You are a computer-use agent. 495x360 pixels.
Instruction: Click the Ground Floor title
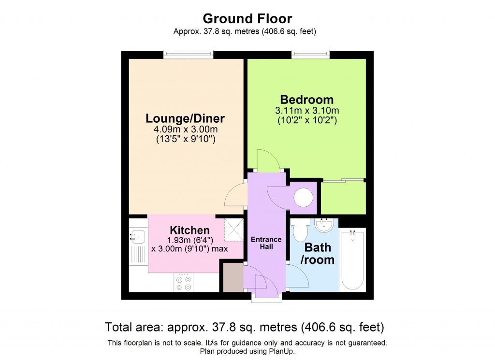click(x=247, y=19)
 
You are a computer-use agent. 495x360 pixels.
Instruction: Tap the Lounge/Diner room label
click(x=186, y=118)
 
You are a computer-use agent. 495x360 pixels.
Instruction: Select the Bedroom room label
click(x=306, y=100)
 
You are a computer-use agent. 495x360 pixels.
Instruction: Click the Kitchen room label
click(x=189, y=230)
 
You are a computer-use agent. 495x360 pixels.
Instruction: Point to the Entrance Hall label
click(x=266, y=243)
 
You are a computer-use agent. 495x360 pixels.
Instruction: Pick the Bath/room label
click(x=318, y=253)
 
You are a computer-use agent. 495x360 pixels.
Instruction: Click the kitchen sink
click(x=137, y=237)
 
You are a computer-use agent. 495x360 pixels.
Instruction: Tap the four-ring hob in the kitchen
click(x=183, y=283)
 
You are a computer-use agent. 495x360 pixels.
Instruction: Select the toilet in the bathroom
click(x=300, y=230)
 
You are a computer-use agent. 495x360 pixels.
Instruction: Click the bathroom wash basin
click(x=323, y=225)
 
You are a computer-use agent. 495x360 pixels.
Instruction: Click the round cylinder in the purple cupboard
click(x=304, y=197)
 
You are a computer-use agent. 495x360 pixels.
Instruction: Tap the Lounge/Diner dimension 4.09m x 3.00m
click(x=186, y=130)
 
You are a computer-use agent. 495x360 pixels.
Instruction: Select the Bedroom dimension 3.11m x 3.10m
click(x=306, y=111)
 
